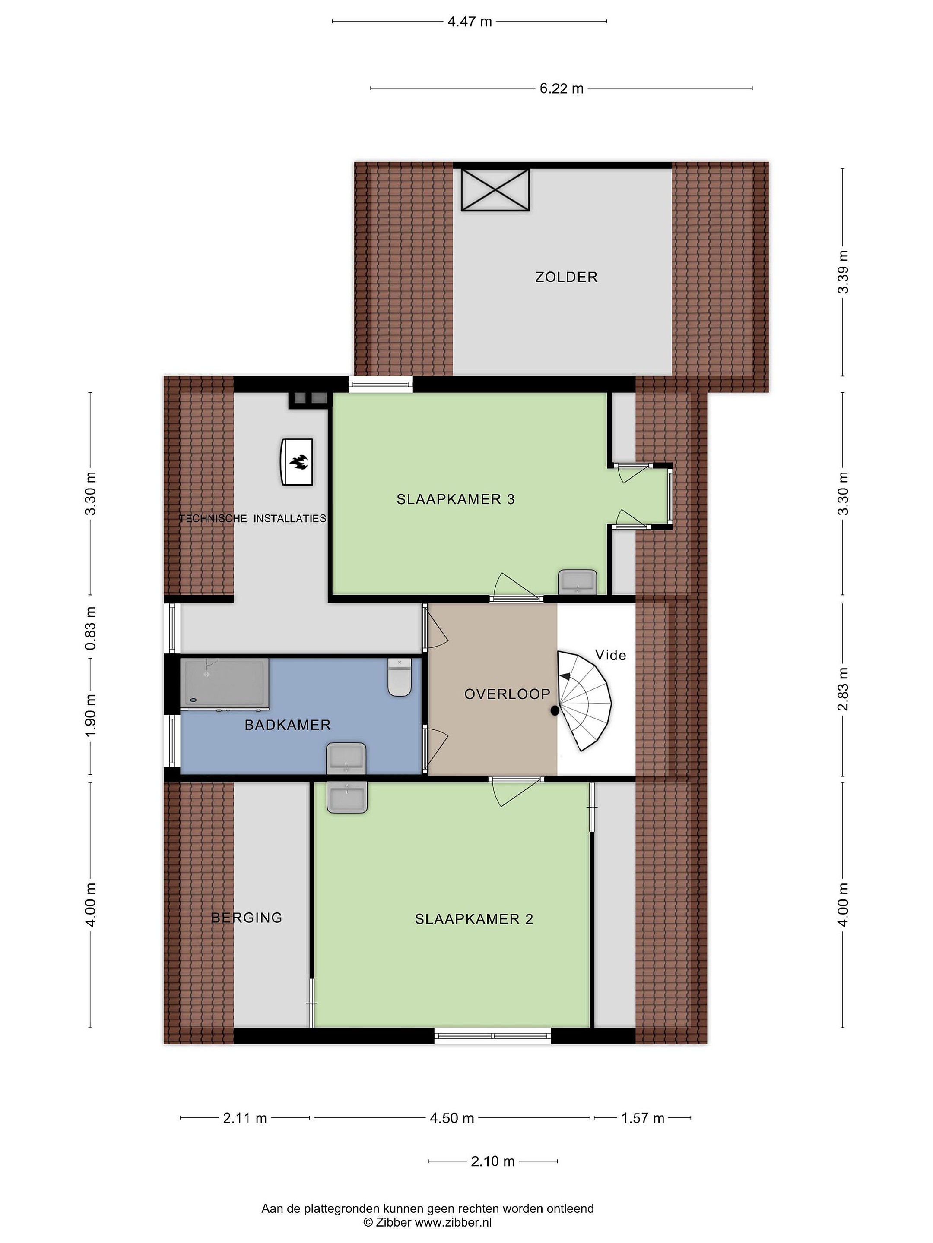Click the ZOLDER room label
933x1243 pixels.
(566, 277)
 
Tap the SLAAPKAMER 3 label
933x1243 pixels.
(456, 499)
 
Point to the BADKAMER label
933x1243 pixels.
(287, 725)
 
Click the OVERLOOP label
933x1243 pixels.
(507, 694)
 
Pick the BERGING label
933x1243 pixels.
(246, 918)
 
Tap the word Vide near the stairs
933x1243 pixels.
(610, 655)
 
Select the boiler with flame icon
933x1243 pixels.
(297, 462)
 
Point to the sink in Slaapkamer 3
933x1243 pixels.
(577, 582)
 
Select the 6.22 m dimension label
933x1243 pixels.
(561, 88)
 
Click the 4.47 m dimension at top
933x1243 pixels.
(470, 22)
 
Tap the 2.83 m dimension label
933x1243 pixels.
(842, 689)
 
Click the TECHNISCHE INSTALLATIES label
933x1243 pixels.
(253, 519)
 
